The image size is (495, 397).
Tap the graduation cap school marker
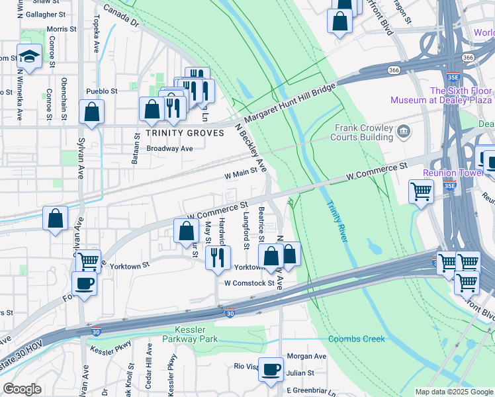tap(29, 56)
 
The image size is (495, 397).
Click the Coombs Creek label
tap(357, 339)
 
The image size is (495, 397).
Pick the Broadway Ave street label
tap(169, 149)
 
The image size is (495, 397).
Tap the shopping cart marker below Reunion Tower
tap(422, 193)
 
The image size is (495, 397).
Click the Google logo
tap(22, 389)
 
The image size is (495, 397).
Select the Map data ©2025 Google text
tap(453, 392)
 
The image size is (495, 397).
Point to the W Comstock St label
tap(249, 283)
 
